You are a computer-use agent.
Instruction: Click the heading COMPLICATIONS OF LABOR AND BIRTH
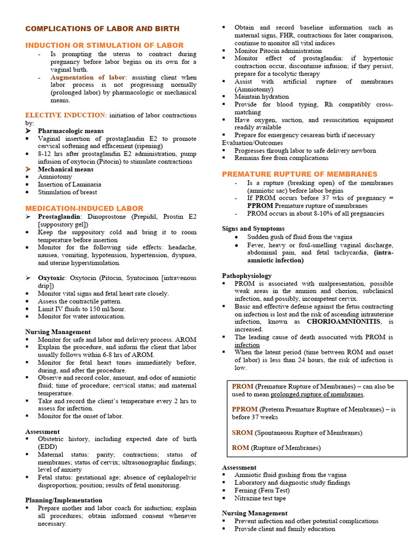(102, 28)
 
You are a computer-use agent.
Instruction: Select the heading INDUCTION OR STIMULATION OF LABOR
(104, 45)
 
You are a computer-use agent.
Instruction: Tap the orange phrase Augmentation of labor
(88, 78)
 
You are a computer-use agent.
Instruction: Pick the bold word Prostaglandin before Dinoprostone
(58, 217)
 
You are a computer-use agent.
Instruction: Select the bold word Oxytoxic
(52, 278)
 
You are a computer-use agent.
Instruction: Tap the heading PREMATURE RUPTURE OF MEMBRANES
(300, 174)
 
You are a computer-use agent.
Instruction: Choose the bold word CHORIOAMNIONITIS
(346, 322)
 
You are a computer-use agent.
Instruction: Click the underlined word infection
(247, 345)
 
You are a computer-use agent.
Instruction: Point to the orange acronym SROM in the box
(242, 432)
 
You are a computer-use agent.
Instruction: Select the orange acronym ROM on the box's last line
(240, 448)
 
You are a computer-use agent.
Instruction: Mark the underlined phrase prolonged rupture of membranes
(317, 394)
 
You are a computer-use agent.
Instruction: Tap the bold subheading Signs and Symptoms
(253, 228)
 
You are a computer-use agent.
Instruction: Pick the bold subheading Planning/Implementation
(64, 500)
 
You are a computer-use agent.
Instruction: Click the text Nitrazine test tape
(260, 498)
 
